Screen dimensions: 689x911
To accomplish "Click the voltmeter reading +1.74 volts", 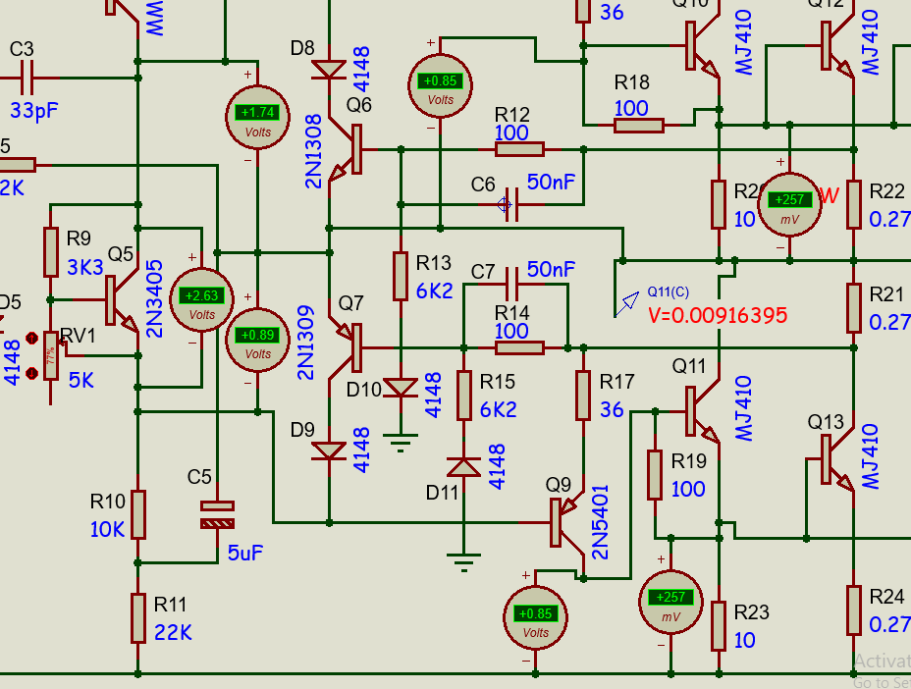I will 256,116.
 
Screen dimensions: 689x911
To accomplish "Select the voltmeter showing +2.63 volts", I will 201,299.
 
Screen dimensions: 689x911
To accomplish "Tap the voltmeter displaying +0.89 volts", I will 256,339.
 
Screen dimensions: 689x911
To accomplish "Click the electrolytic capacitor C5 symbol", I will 217,514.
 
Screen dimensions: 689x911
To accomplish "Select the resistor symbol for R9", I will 50,252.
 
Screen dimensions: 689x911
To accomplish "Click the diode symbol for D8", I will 328,70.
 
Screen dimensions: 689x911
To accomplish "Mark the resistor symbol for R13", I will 400,276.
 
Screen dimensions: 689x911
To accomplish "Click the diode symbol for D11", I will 462,467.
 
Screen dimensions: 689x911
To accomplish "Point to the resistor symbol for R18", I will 639,125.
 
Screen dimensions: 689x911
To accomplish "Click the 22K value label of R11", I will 174,632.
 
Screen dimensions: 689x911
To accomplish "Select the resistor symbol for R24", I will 853,609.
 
